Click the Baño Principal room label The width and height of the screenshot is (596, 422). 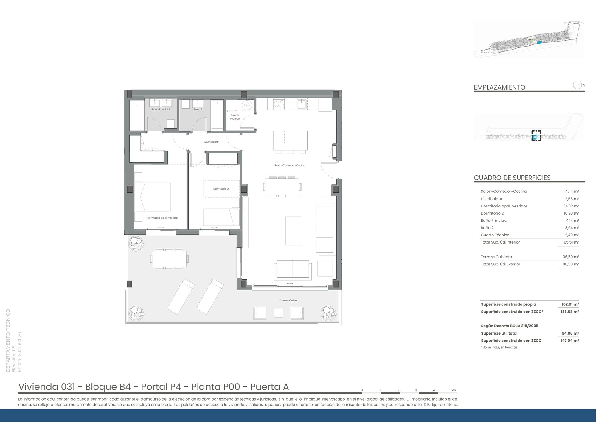(161, 110)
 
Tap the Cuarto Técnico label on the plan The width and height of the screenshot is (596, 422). (235, 117)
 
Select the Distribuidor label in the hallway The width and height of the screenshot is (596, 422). (212, 142)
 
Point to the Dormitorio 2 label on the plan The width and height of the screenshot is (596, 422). (221, 189)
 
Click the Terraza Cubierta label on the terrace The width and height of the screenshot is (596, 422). (290, 300)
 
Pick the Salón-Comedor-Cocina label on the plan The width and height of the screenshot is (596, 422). (290, 165)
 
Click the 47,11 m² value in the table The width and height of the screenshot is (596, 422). (572, 192)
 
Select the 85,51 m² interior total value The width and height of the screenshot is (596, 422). (571, 242)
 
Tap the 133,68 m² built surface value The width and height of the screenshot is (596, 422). (570, 312)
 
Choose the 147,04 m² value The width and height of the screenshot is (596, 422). (570, 341)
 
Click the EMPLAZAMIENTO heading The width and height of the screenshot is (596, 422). (499, 87)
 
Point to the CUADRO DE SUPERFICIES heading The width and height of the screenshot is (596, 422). (512, 178)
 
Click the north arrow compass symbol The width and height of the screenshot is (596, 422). (578, 85)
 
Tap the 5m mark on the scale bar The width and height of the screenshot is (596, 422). (453, 390)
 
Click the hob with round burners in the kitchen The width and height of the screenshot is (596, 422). (279, 104)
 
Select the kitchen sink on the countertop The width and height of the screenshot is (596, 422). (302, 104)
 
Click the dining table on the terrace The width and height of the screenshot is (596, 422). (169, 259)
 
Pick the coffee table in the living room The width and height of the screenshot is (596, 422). (293, 231)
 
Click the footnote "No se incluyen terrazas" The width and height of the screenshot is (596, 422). (499, 347)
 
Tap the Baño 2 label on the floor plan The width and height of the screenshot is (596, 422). (198, 110)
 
